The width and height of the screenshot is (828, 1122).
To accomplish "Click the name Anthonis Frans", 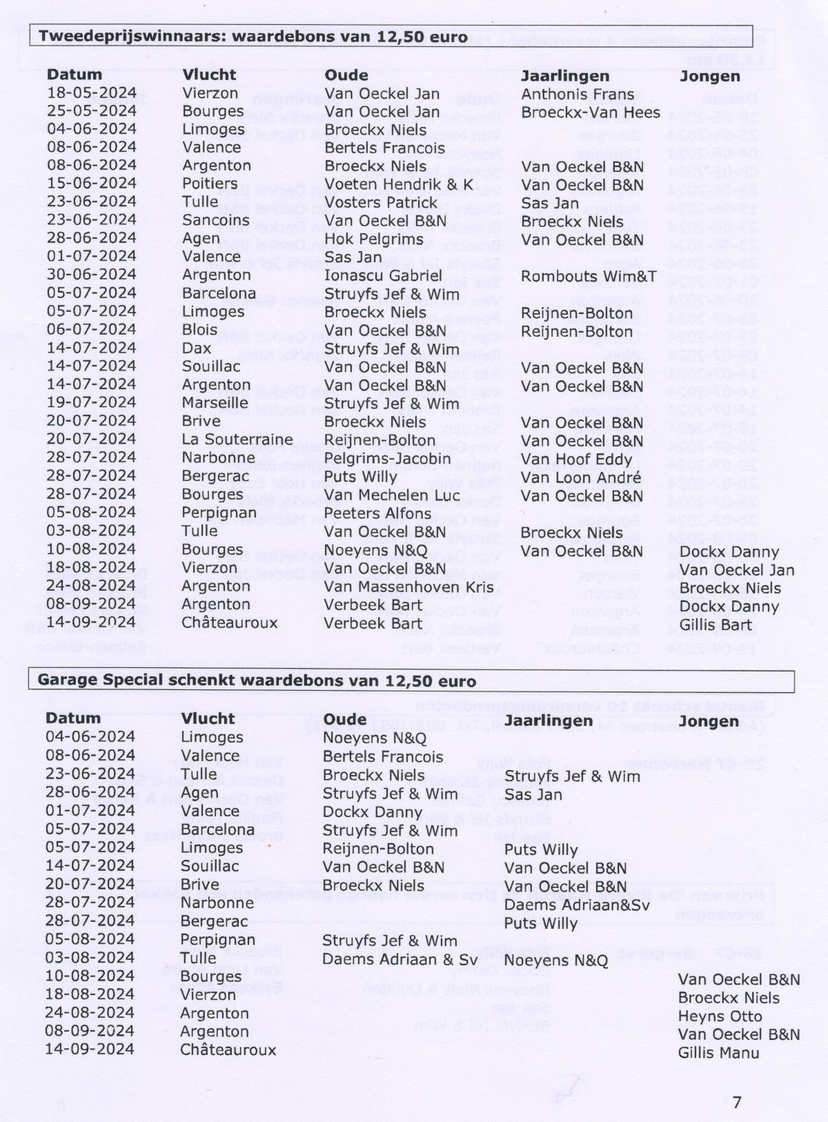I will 578,95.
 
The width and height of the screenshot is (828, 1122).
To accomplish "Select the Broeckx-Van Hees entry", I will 591,112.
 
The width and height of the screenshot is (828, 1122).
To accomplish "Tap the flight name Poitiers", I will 210,184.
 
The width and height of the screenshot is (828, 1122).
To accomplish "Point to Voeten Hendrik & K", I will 399,185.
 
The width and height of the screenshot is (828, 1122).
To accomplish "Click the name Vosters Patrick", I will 381,203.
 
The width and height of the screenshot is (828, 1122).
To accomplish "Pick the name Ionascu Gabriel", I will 383,275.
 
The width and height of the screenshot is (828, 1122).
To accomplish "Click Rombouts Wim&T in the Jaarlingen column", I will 589,276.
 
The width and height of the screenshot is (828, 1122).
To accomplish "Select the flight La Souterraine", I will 237,439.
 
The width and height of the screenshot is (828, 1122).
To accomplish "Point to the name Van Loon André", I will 581,478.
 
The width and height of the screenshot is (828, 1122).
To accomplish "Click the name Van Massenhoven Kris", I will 409,587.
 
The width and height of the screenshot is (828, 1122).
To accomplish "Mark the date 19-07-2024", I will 92,402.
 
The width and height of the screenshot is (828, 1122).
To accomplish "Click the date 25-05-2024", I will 92,111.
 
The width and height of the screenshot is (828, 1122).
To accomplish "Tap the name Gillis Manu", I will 718,1052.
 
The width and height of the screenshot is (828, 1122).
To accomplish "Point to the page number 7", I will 737,1102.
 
